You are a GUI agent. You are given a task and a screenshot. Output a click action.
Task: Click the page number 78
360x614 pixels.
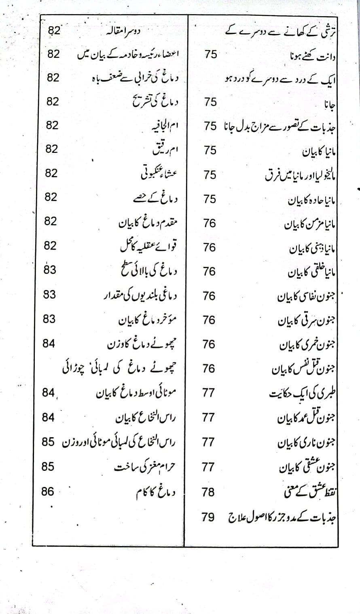(x=209, y=492)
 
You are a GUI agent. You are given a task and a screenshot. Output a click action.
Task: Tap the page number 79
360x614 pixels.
(x=209, y=517)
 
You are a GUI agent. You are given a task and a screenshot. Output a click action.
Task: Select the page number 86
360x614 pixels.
(x=48, y=491)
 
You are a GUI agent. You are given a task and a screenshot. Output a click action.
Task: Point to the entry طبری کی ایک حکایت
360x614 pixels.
(x=303, y=393)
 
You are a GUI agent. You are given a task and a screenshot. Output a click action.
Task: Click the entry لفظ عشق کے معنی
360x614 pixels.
(x=310, y=492)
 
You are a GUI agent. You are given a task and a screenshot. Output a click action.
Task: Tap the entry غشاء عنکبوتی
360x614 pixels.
(x=157, y=174)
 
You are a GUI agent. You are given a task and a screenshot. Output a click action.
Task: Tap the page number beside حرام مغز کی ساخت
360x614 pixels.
(x=48, y=466)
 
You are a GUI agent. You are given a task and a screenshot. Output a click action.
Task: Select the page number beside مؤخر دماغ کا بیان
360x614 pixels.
(x=49, y=319)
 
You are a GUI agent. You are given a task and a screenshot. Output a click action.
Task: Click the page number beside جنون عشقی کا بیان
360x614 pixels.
(x=208, y=467)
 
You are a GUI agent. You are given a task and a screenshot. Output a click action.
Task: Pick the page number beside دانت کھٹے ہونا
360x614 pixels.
(x=211, y=54)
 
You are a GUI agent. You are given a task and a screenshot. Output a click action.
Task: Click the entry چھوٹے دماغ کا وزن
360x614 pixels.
(x=142, y=344)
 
